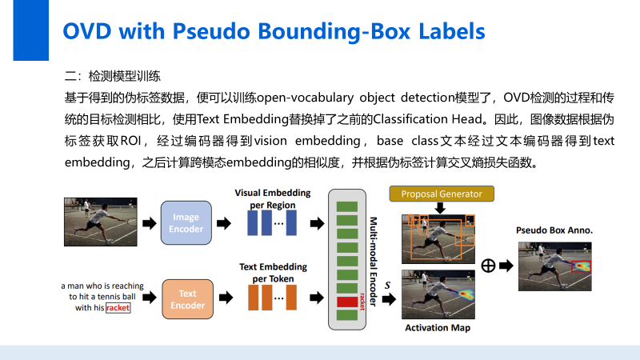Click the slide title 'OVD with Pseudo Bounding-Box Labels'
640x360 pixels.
(274, 31)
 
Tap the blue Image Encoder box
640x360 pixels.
(186, 222)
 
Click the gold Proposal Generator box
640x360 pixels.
(441, 194)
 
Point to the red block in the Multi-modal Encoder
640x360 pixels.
(346, 302)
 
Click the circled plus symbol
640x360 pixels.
(487, 266)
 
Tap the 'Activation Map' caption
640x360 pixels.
(438, 328)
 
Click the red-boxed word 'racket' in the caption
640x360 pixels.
(117, 308)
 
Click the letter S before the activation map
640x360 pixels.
(387, 284)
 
